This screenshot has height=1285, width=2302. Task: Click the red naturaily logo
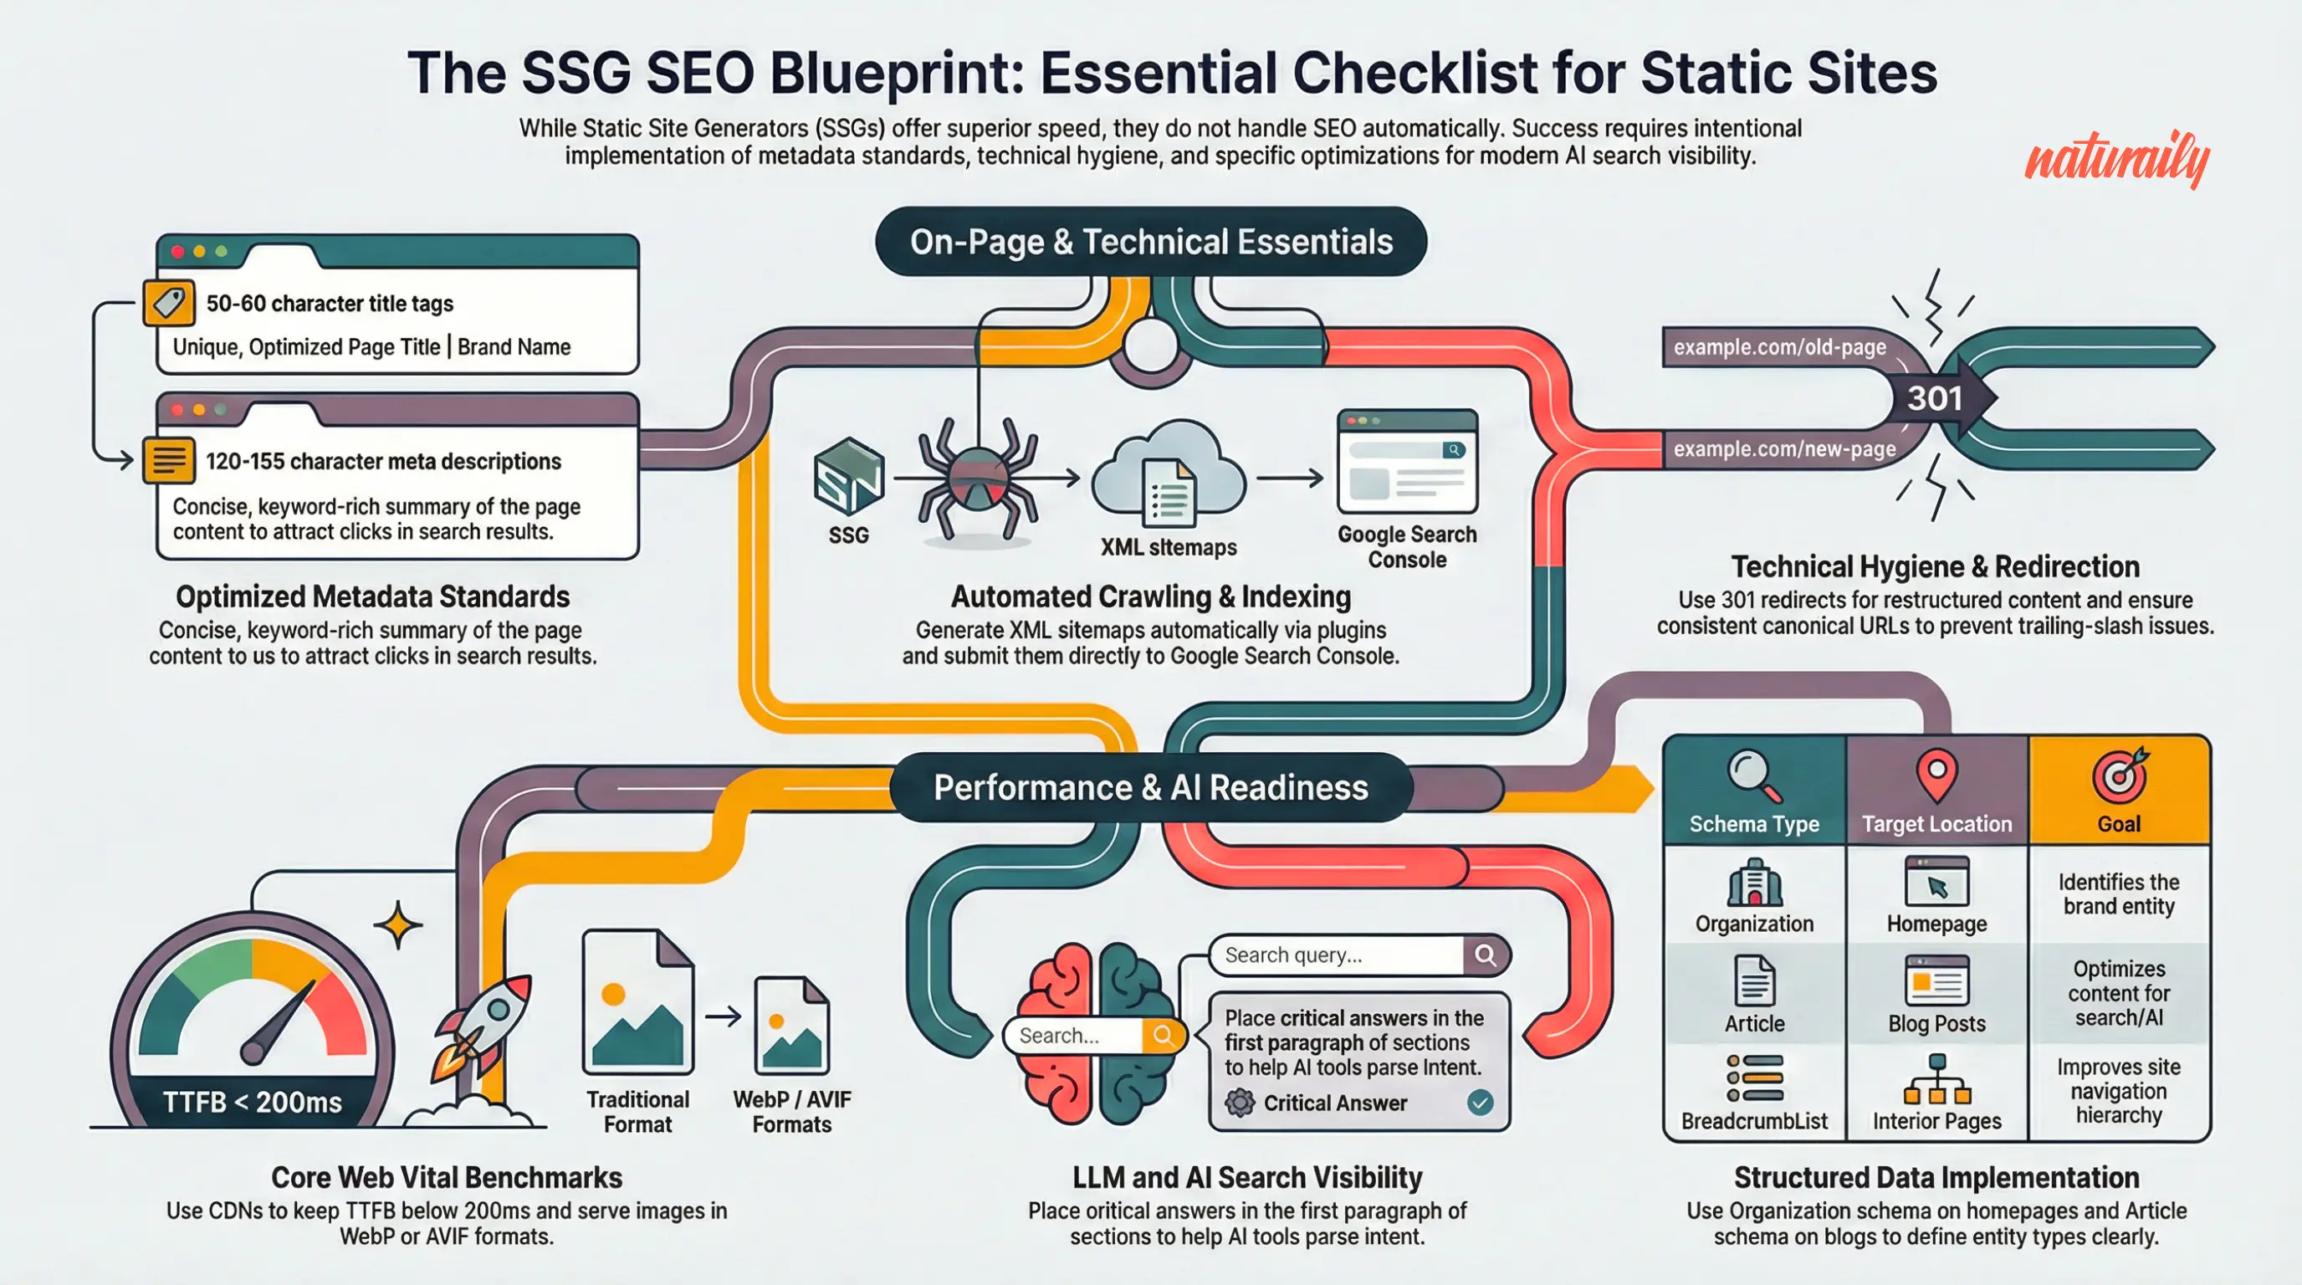click(2116, 159)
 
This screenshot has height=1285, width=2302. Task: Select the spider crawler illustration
click(978, 481)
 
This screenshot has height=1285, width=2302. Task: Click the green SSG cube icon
click(848, 475)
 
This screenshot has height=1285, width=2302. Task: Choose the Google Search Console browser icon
click(1407, 461)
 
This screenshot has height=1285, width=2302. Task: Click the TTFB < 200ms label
click(252, 1102)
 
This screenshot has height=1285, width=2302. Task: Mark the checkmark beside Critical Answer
click(1480, 1103)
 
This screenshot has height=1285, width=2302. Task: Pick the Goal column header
click(2119, 791)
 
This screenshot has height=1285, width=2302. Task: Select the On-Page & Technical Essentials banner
click(1150, 242)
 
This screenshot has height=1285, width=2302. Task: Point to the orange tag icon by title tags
click(169, 303)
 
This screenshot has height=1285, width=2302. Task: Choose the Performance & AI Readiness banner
click(1150, 787)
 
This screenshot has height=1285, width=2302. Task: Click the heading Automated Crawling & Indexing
click(1150, 596)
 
